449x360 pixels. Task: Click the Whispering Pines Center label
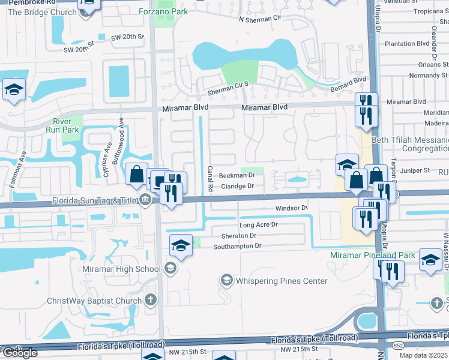(x=282, y=281)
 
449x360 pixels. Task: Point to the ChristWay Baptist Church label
(x=95, y=301)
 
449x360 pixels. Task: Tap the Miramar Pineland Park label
(x=373, y=256)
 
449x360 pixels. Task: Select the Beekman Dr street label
(x=237, y=176)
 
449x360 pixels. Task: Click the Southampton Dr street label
(x=237, y=246)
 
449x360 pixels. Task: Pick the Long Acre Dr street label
(x=259, y=224)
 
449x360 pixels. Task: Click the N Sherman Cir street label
(x=260, y=19)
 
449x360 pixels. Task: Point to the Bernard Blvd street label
(x=348, y=84)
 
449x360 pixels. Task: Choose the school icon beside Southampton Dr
(x=181, y=245)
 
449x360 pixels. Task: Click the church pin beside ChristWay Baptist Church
(x=151, y=300)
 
